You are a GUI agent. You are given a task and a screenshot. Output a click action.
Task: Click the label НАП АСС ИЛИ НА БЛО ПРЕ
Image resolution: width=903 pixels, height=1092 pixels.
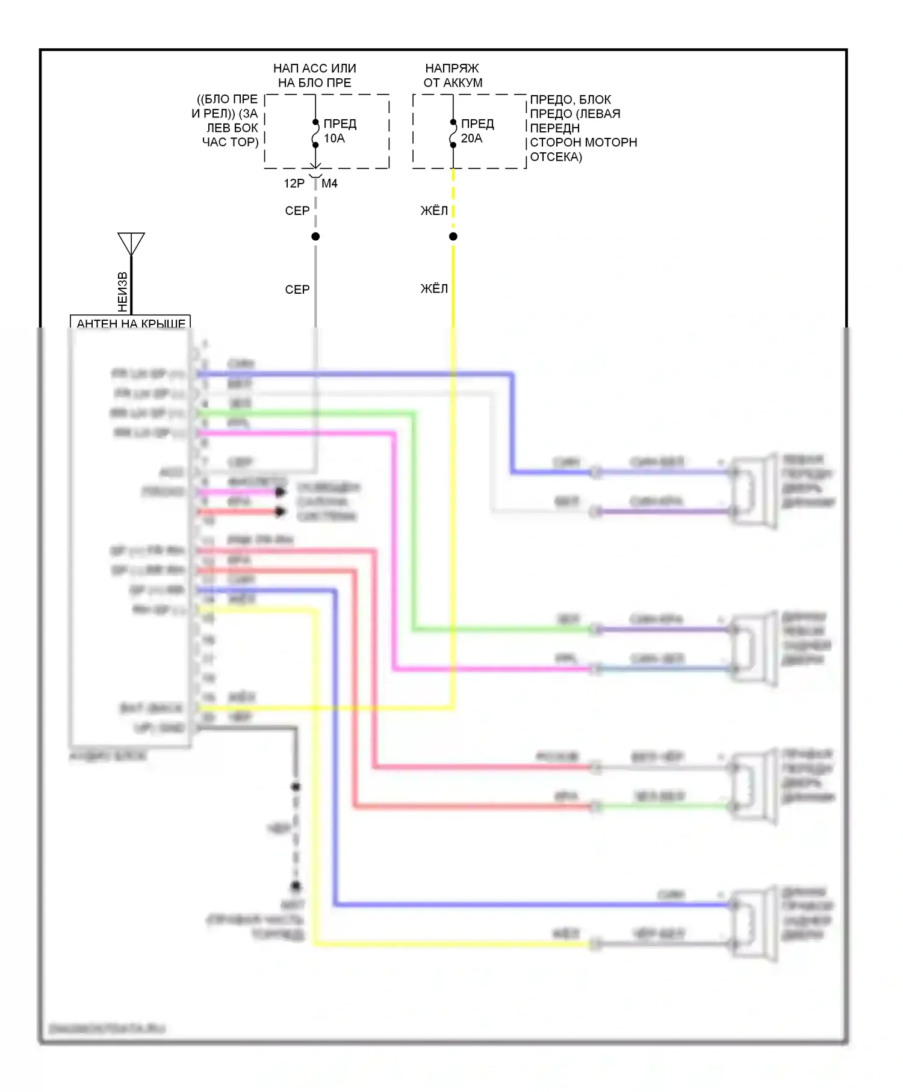[314, 75]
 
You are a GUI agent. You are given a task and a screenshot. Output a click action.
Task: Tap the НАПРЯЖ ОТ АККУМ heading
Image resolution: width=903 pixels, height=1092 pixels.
[453, 75]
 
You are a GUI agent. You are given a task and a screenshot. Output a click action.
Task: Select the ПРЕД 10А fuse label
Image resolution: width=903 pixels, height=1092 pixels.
[340, 131]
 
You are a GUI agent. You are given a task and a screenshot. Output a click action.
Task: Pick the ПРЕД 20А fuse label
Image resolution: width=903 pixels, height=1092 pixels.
[477, 131]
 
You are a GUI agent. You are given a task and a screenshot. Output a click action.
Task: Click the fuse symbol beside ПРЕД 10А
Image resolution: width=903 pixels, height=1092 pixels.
[315, 133]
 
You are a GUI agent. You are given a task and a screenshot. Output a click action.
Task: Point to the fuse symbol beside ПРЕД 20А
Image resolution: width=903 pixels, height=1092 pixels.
[453, 133]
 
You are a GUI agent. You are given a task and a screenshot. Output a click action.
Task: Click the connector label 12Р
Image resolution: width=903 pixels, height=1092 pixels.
[294, 183]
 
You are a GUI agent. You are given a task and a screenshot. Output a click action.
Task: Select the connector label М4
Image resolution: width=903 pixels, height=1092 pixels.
[329, 183]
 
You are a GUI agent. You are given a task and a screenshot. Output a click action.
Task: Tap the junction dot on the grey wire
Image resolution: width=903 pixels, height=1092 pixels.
[315, 237]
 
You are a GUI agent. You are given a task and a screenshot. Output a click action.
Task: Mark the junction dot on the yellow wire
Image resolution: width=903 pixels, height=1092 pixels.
[453, 237]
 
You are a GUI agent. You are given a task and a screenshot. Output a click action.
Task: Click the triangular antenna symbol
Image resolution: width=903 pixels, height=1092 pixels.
[131, 243]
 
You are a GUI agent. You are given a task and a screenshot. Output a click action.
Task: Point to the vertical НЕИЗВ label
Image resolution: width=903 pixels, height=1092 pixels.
[123, 291]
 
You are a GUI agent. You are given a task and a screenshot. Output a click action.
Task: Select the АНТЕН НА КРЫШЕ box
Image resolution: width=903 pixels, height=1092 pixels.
[131, 323]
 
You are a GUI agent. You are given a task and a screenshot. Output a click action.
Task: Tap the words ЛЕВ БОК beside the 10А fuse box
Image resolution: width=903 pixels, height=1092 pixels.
[232, 128]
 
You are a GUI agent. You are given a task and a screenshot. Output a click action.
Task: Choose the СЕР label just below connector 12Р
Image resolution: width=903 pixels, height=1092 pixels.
[297, 211]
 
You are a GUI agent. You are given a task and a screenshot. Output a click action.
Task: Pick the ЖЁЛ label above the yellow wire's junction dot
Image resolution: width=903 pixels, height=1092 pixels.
[434, 211]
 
